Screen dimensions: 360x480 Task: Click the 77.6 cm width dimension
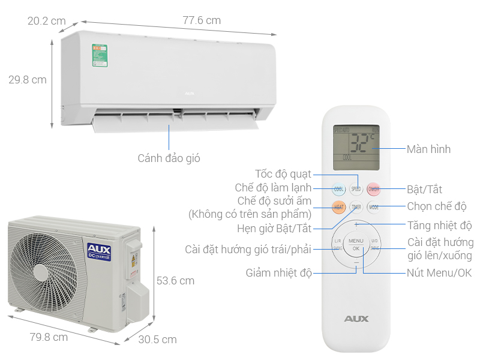click(202, 20)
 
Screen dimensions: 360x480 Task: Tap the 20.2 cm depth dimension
click(46, 20)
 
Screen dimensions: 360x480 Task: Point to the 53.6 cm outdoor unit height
click(175, 280)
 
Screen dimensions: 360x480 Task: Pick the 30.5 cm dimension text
click(157, 340)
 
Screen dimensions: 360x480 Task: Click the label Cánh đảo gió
click(169, 158)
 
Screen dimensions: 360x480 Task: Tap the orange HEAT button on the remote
click(339, 208)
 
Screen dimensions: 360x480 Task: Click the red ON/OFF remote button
click(374, 189)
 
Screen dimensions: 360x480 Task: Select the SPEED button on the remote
click(356, 189)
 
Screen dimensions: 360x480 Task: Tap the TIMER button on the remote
click(356, 208)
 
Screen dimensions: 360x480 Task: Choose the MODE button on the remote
click(374, 208)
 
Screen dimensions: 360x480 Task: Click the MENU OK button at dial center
click(356, 244)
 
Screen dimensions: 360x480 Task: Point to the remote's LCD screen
click(356, 145)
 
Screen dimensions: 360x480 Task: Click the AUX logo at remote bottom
click(356, 319)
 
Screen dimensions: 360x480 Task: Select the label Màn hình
click(428, 149)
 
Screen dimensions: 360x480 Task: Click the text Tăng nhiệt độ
click(439, 226)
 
